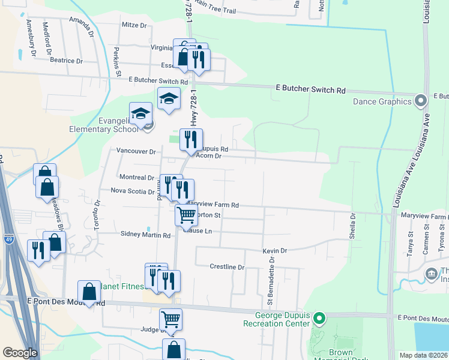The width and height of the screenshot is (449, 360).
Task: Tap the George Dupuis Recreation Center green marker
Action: point(319,318)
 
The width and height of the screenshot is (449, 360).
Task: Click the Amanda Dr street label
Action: point(82,26)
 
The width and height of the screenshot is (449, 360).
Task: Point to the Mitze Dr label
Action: point(134,25)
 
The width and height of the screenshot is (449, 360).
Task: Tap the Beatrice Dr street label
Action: point(66,61)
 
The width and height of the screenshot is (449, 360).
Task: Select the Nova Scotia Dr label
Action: point(132,191)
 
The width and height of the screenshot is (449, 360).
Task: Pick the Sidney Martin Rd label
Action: point(145,235)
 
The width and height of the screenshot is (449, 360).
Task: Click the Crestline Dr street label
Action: point(227,267)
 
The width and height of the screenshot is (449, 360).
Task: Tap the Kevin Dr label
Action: point(275,250)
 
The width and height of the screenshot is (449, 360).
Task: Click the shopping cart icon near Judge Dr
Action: point(171,319)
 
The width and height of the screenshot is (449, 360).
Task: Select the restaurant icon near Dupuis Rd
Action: point(191,139)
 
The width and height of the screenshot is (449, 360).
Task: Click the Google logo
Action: point(20,353)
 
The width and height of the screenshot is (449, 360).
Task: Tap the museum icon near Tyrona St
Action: point(432,274)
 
